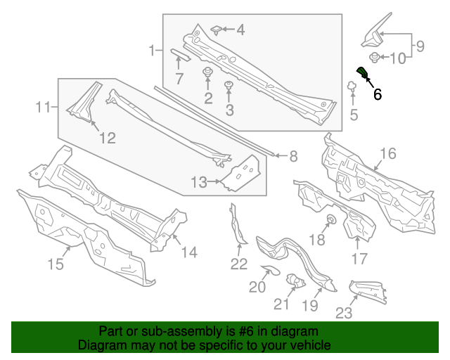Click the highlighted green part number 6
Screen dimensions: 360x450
pos(362,73)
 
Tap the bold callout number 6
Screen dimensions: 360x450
pos(378,94)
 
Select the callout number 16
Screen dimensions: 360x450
pos(388,154)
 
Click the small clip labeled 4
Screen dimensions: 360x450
pos(218,30)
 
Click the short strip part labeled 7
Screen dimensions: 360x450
pos(179,56)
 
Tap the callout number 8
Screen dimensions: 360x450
pos(293,156)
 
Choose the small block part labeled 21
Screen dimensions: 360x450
pos(297,283)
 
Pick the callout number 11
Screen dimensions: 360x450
pos(44,108)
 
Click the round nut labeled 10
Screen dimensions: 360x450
pos(375,58)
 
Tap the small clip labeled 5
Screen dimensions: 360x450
pos(349,87)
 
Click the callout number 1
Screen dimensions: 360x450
pos(152,51)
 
